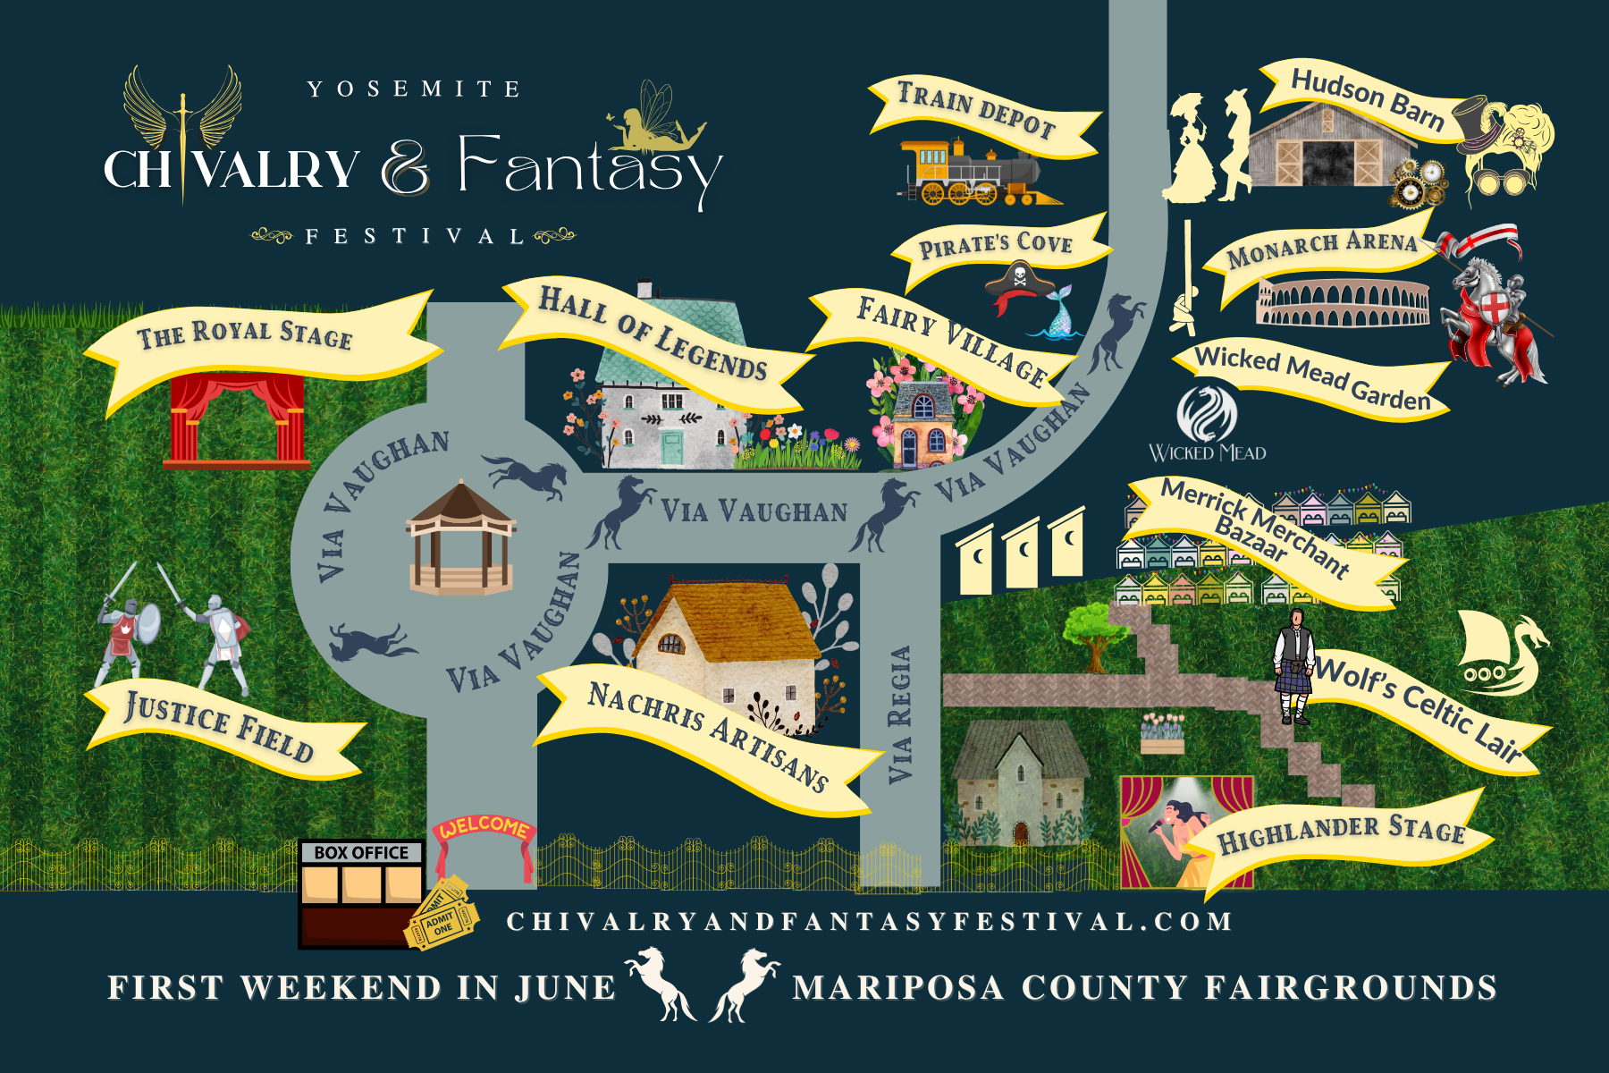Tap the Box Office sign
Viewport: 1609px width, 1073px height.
[361, 852]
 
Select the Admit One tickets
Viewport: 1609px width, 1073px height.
[441, 917]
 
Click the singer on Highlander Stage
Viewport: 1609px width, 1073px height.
[1180, 832]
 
